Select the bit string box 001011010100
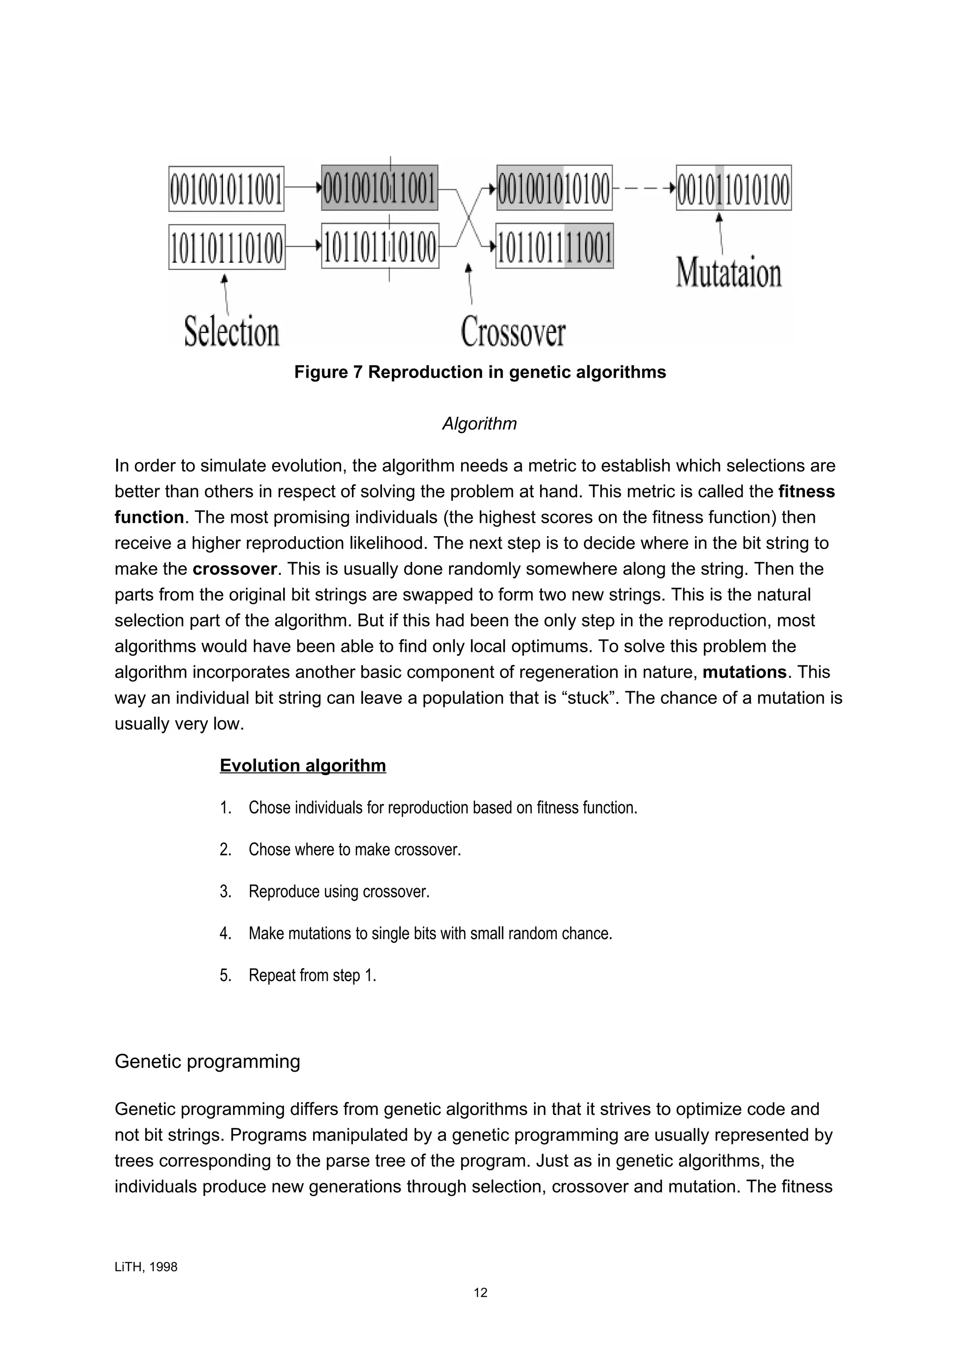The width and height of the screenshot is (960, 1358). (x=734, y=188)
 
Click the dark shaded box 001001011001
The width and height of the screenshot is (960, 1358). (x=379, y=188)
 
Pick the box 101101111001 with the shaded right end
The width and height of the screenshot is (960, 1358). (x=554, y=246)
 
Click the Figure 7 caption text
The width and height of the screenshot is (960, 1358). (x=480, y=373)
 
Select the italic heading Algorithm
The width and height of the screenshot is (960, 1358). (x=479, y=424)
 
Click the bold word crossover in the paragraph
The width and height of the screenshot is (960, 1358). (x=235, y=569)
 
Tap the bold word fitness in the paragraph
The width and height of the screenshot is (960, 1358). (x=807, y=492)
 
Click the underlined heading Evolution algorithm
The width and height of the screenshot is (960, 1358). (x=303, y=766)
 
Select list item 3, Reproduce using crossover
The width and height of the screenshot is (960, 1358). (x=338, y=891)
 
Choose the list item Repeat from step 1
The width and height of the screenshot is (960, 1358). (x=312, y=975)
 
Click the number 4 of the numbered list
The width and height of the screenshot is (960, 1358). (x=225, y=933)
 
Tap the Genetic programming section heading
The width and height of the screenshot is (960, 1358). (x=207, y=1062)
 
